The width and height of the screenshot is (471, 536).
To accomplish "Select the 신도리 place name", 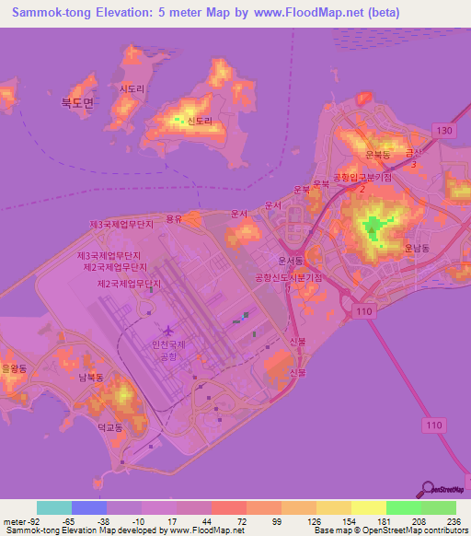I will click(x=200, y=121).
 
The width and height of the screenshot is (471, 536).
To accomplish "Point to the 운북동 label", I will click(x=378, y=155).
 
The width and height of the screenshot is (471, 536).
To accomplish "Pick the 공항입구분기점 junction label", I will click(x=362, y=176).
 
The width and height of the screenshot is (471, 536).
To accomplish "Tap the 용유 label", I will click(x=174, y=218).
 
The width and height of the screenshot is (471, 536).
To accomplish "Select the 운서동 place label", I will click(x=291, y=261).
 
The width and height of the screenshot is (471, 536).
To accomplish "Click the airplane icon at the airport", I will click(x=169, y=329).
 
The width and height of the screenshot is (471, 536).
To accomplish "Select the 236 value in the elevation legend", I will click(x=452, y=520).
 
